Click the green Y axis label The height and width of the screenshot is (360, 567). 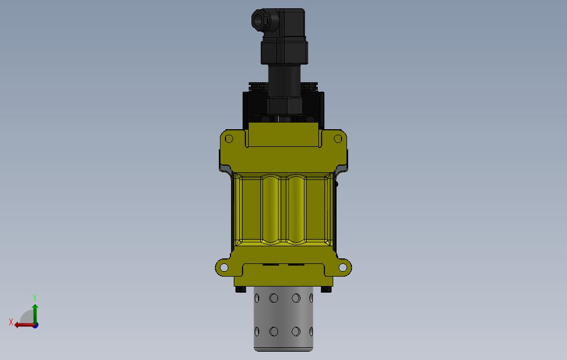point(35,298)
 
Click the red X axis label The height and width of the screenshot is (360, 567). point(11,322)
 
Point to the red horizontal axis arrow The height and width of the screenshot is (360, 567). point(24,325)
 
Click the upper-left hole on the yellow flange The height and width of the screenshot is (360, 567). point(229,139)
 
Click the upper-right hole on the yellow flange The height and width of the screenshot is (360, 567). point(338,139)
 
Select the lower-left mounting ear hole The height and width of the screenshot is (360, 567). point(224,268)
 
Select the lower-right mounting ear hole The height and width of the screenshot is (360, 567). point(343,268)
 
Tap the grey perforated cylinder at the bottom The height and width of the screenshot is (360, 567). point(283,319)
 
